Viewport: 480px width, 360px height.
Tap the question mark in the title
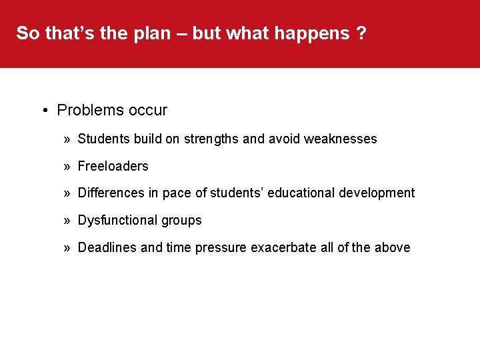tap(361, 33)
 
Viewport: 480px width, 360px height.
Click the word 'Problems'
tap(89, 110)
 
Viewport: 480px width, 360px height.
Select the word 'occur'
tap(147, 110)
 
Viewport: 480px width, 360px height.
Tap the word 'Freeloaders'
tap(113, 166)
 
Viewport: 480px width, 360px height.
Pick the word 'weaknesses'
tap(340, 139)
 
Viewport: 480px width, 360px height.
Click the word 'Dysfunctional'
tap(117, 220)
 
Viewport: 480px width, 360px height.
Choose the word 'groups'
tap(181, 220)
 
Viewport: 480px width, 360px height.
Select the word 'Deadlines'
tap(107, 247)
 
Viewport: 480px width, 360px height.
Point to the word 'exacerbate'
tap(283, 247)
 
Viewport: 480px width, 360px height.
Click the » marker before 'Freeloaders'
tap(67, 166)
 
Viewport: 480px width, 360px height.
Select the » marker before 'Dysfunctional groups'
tap(67, 220)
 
